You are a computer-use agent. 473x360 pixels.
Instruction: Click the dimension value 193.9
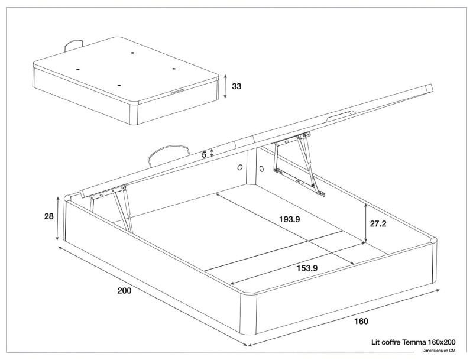pyautogui.click(x=290, y=219)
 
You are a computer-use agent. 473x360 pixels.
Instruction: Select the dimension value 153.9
pyautogui.click(x=307, y=268)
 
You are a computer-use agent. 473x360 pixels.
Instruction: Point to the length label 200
pyautogui.click(x=124, y=290)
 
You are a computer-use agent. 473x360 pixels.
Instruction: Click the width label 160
pyautogui.click(x=361, y=321)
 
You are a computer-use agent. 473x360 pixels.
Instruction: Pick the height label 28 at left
pyautogui.click(x=49, y=216)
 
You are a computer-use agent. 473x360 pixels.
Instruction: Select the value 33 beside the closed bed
pyautogui.click(x=237, y=86)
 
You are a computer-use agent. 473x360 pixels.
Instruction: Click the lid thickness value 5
pyautogui.click(x=204, y=154)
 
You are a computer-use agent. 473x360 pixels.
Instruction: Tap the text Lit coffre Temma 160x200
pyautogui.click(x=413, y=342)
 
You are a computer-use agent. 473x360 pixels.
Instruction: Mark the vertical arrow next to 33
pyautogui.click(x=225, y=87)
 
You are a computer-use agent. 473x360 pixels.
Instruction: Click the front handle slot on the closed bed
pyautogui.click(x=177, y=92)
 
